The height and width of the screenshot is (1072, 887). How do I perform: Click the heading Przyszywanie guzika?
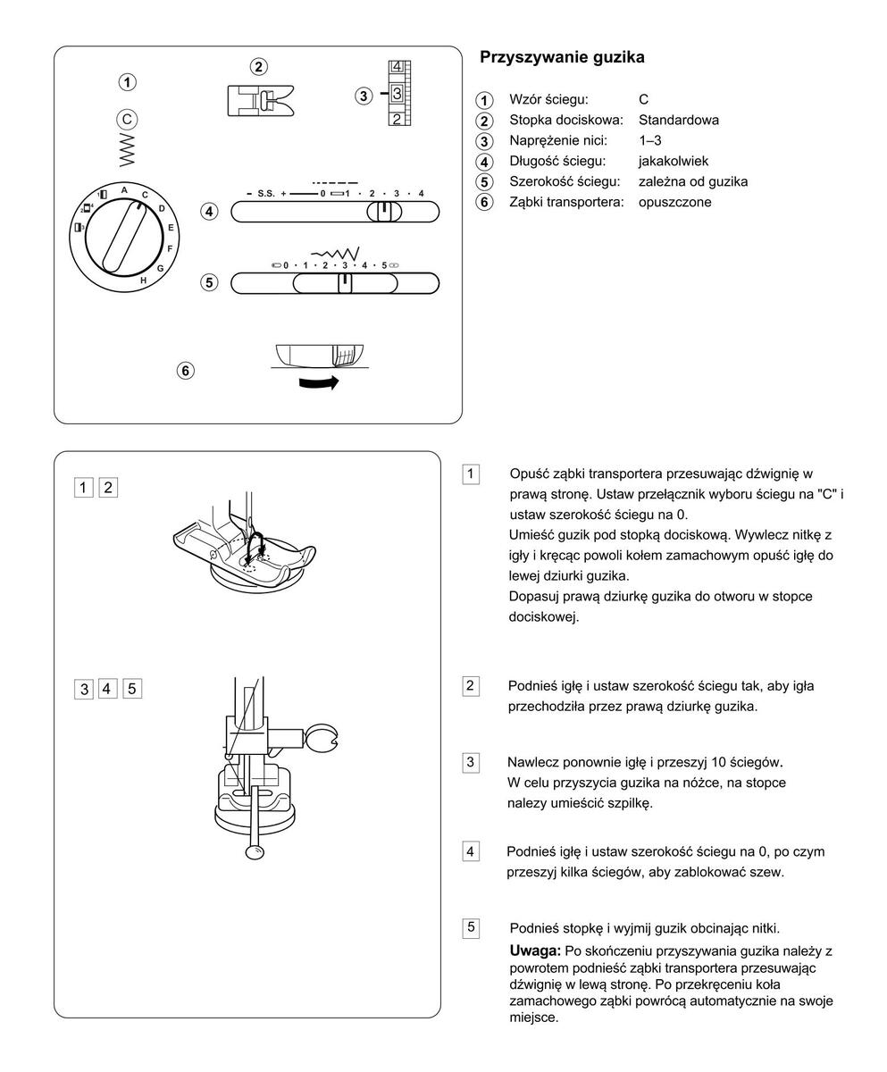point(562,57)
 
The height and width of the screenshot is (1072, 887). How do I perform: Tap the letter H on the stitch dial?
point(143,281)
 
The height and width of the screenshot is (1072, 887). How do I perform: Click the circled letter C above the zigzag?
point(128,119)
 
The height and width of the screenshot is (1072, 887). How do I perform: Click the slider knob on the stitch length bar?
point(384,212)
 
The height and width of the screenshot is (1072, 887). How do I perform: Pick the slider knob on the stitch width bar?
point(345,283)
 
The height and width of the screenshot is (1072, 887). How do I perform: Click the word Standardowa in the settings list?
point(678,120)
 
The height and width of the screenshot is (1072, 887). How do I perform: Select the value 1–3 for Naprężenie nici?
point(649,140)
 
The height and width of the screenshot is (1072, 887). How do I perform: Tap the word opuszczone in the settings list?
point(674,202)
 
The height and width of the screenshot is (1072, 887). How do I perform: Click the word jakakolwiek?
point(674,161)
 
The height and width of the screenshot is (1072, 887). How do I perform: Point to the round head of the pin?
point(255,853)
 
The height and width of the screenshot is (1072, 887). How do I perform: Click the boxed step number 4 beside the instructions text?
point(471,850)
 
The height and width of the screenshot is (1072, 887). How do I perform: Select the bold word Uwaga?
point(535,949)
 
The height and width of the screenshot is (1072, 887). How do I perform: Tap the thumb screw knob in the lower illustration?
point(321,740)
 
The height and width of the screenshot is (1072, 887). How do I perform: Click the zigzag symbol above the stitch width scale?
point(335,254)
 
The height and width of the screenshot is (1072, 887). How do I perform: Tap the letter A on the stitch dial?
point(124,190)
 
